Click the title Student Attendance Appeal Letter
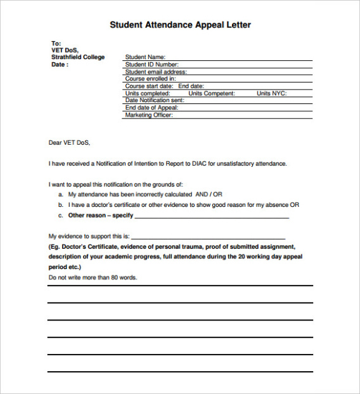coord(180,25)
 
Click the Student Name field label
coord(145,57)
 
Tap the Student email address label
coord(155,72)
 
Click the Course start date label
coord(149,86)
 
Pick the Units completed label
coord(148,93)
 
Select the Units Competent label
coord(212,93)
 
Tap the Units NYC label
coord(271,93)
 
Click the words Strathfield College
coord(78,57)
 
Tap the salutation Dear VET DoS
coord(70,143)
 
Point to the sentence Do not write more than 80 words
coord(93,278)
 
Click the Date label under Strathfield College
coord(60,64)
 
